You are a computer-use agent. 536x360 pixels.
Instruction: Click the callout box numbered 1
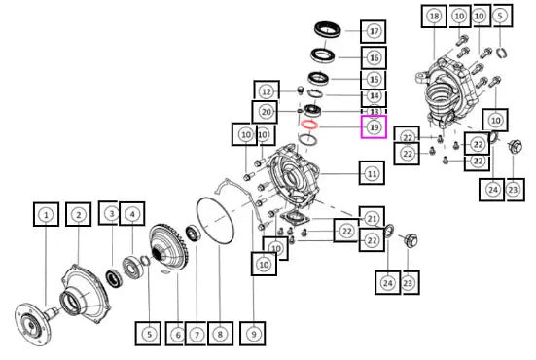pos(46,214)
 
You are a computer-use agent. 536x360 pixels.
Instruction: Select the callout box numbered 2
pos(78,214)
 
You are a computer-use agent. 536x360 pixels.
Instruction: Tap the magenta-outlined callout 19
pos(374,126)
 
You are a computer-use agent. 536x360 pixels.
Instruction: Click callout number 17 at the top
pos(374,31)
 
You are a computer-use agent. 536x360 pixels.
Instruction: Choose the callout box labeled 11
pos(372,173)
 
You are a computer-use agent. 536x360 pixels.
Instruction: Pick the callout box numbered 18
pos(434,16)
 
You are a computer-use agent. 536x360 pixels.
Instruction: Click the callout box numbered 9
pos(253,334)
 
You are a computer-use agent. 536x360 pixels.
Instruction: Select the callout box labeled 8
pos(220,334)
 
